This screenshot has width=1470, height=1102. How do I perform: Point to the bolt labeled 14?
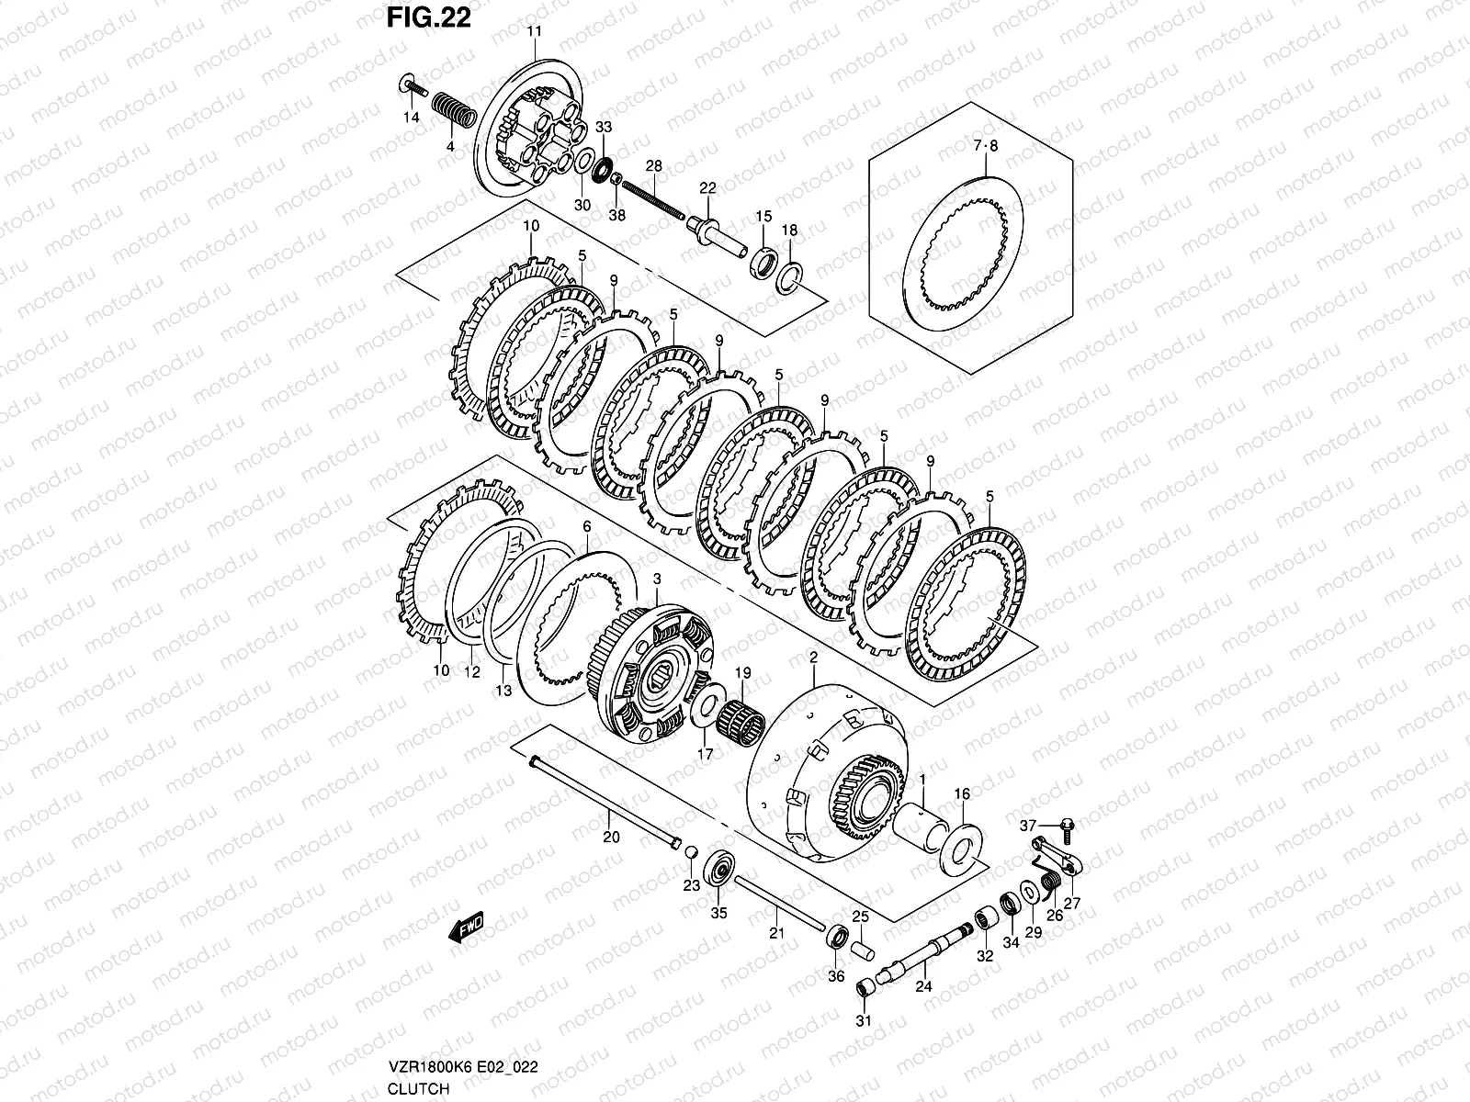414,88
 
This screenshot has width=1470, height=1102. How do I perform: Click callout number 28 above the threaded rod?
653,166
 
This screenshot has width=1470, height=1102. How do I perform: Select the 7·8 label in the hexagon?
984,145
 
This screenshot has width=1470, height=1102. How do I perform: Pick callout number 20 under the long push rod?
611,837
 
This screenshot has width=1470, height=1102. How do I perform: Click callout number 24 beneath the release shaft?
923,987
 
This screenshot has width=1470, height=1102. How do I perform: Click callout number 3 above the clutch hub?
657,579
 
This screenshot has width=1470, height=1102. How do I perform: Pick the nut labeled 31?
865,988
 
